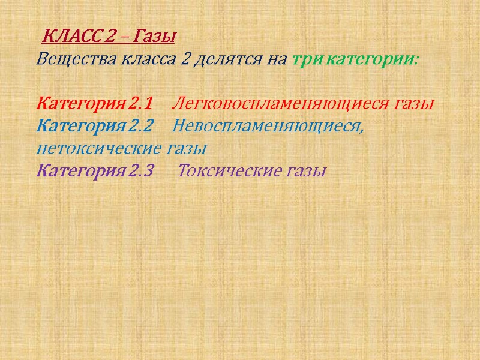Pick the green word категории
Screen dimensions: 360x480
pos(372,61)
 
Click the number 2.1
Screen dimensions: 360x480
pos(141,104)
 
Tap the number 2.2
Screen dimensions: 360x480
pos(141,127)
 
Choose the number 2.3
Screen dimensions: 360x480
pos(141,172)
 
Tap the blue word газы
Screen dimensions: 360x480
pos(186,148)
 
